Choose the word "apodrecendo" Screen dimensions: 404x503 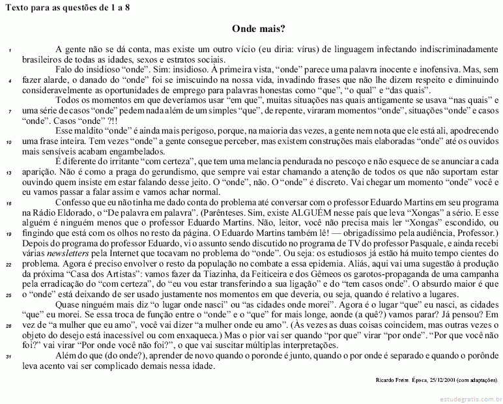[470, 131]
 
